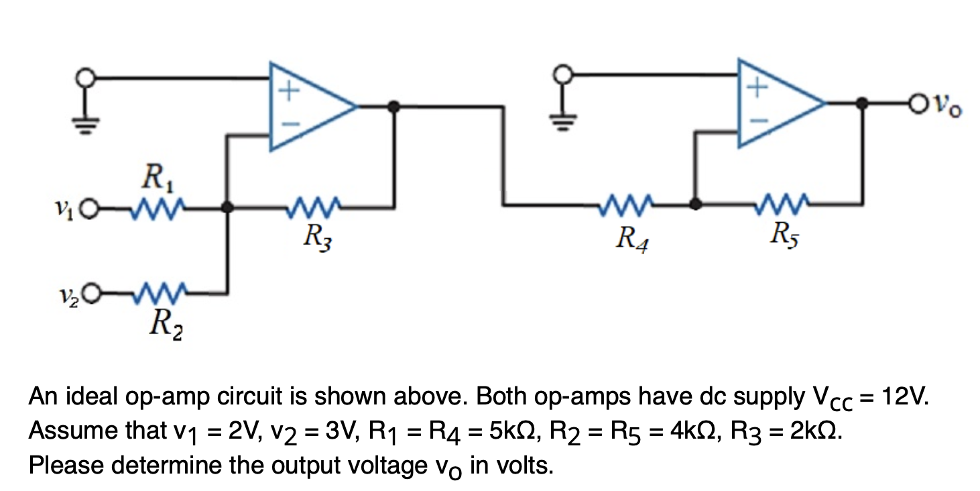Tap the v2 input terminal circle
point(93,292)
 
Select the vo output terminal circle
point(918,104)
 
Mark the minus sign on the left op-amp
point(287,125)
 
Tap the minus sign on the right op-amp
point(757,121)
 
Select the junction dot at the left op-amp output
point(395,105)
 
